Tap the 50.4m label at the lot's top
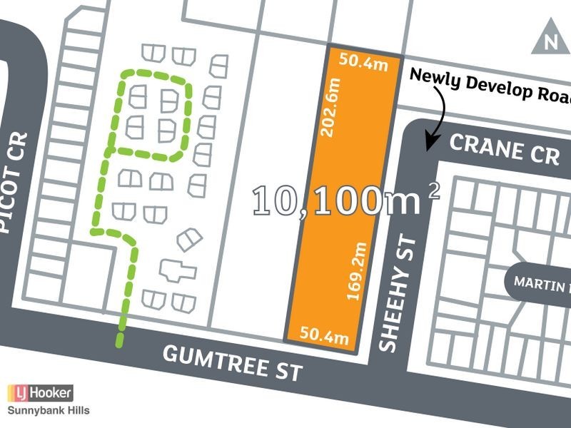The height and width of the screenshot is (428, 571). click(x=363, y=62)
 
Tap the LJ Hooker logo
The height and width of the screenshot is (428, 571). click(x=40, y=393)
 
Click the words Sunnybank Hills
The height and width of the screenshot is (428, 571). click(x=49, y=410)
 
